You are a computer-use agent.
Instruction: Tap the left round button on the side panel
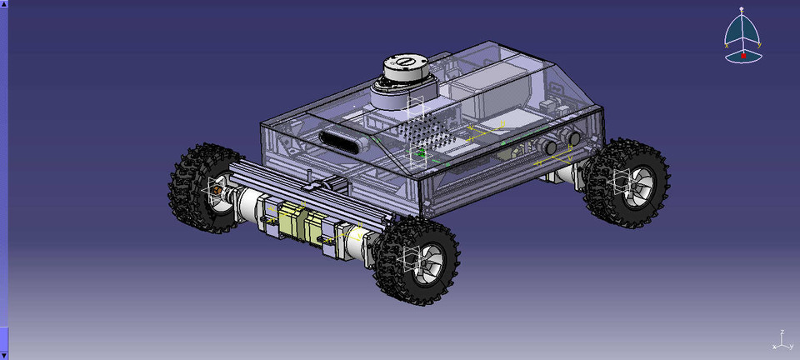tap(551, 147)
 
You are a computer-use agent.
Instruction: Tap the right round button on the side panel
tap(574, 138)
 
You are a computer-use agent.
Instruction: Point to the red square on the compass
tap(744, 55)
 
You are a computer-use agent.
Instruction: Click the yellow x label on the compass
tap(727, 47)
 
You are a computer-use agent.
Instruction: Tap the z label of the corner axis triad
tap(781, 332)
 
